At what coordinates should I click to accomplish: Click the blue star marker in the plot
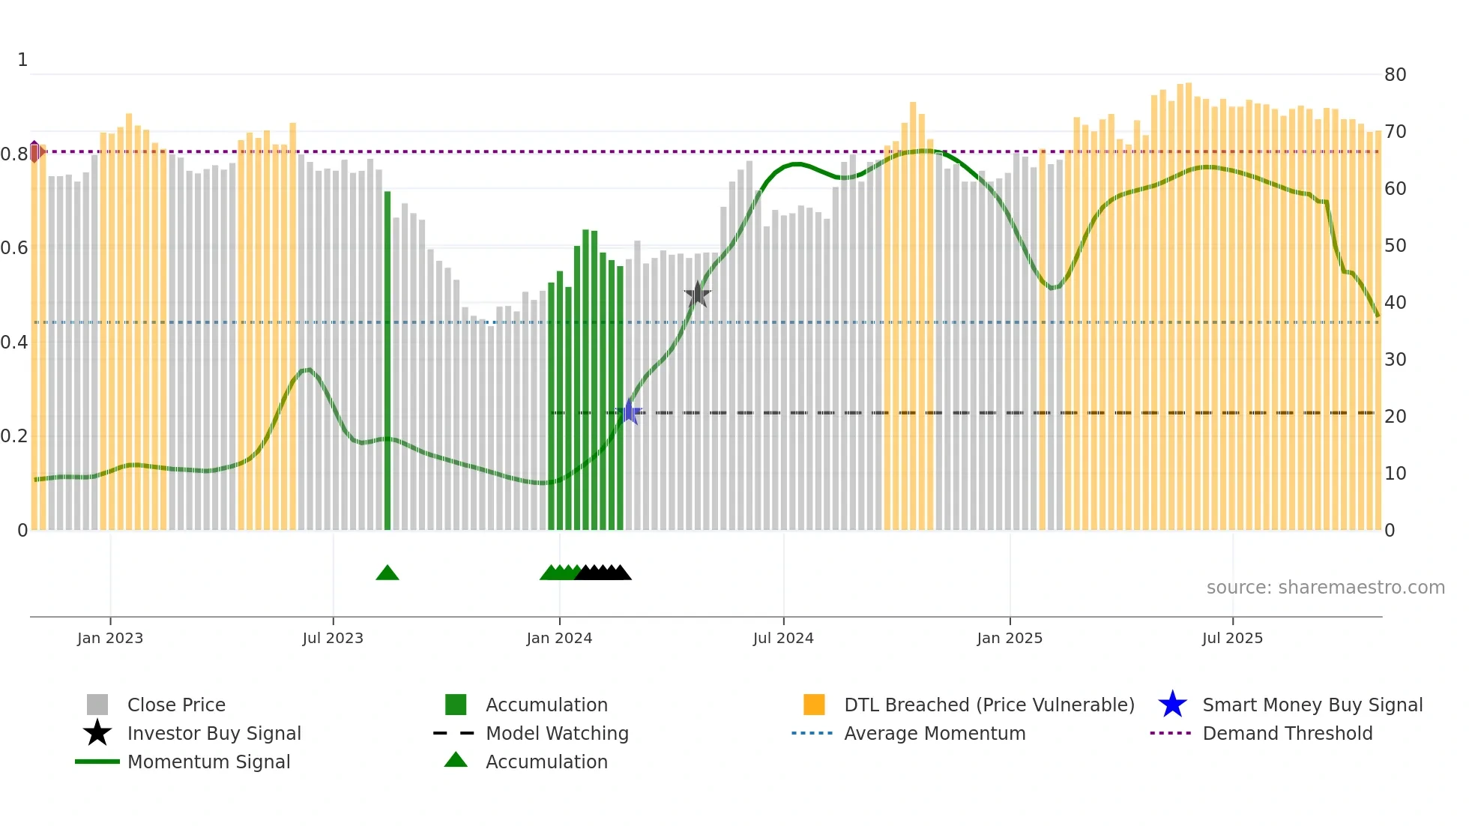[x=630, y=412]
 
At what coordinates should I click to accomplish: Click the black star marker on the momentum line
[x=698, y=295]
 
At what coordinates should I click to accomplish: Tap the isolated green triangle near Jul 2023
[x=387, y=573]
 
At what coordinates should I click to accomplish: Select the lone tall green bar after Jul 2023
[x=387, y=360]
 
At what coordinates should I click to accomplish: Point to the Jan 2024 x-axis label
[x=559, y=638]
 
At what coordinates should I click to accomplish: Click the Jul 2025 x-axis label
[x=1232, y=638]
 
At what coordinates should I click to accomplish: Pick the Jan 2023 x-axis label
[x=110, y=638]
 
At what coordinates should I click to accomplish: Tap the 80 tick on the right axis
[x=1395, y=74]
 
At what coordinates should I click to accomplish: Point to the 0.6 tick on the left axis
[x=14, y=247]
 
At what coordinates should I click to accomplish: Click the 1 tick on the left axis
[x=22, y=60]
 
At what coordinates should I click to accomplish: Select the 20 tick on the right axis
[x=1395, y=416]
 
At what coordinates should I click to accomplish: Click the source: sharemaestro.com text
[x=1325, y=587]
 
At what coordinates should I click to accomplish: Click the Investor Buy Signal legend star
[x=97, y=733]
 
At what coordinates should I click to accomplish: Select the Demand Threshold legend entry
[x=1287, y=733]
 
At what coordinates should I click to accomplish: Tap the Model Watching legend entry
[x=557, y=733]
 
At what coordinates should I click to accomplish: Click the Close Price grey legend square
[x=97, y=705]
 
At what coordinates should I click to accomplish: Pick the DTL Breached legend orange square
[x=814, y=705]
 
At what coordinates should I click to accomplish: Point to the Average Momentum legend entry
[x=934, y=733]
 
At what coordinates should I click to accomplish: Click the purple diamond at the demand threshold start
[x=34, y=151]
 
